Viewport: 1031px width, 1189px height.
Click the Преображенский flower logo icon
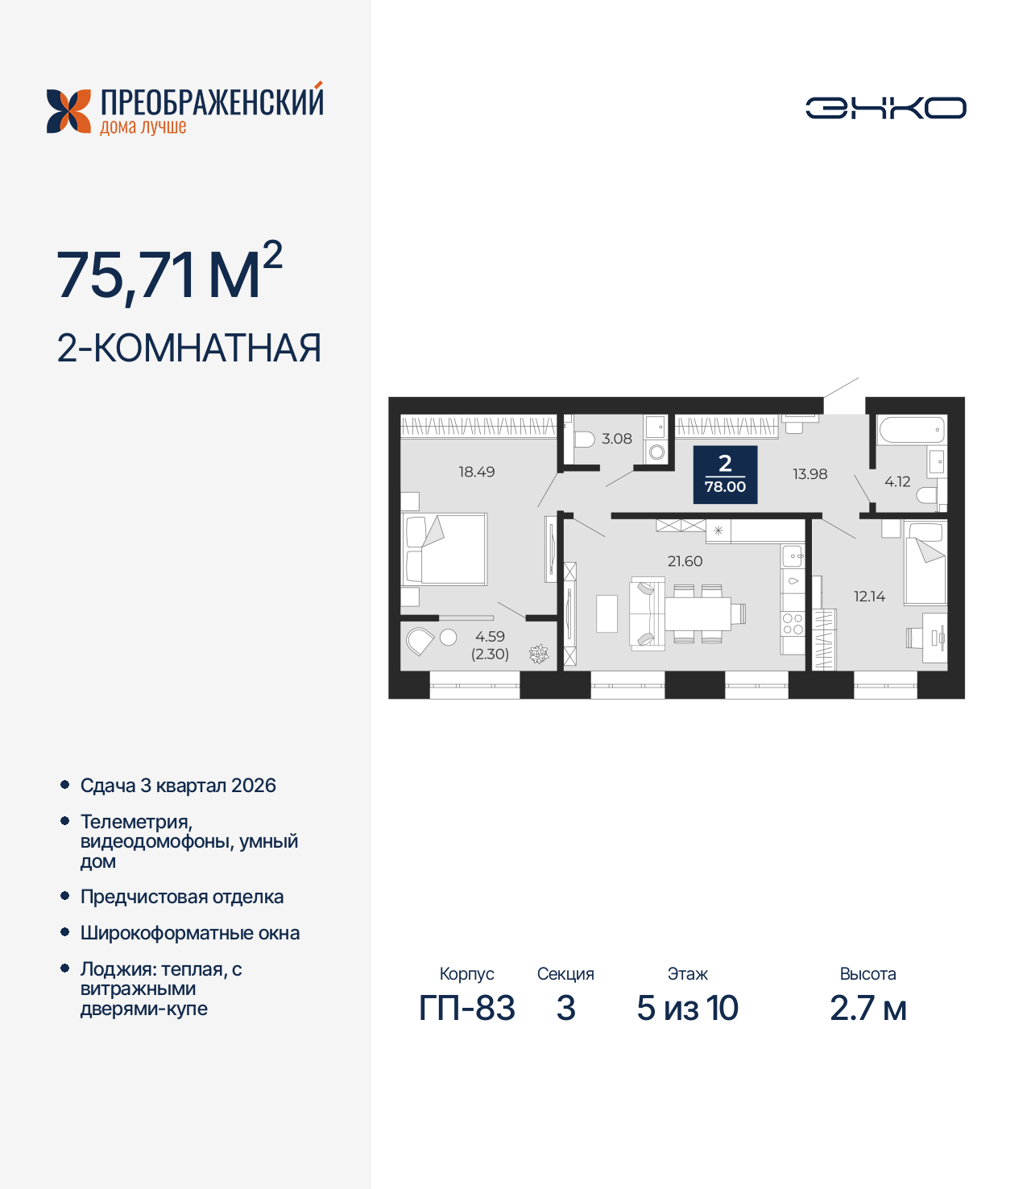[68, 111]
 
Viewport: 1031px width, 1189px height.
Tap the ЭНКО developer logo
[885, 108]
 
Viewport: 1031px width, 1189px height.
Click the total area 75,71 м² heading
[169, 274]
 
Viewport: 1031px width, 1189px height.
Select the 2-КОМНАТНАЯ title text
[189, 349]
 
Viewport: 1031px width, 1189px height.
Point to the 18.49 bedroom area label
[477, 472]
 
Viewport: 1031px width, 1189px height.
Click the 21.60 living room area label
[685, 561]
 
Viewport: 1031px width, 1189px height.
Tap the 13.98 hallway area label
[809, 474]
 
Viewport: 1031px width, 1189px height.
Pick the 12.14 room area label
[869, 597]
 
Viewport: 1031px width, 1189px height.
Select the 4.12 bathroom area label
[897, 481]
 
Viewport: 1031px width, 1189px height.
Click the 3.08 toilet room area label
[617, 439]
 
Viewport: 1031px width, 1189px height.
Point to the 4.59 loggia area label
[490, 637]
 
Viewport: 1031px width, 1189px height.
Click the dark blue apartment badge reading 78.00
[725, 474]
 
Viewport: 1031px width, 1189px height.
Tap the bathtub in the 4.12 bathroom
[911, 430]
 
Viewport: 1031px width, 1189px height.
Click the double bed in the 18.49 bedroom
[445, 549]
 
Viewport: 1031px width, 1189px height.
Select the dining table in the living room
[697, 614]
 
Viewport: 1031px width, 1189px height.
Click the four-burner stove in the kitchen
[793, 624]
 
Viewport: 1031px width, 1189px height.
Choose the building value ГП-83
[466, 1008]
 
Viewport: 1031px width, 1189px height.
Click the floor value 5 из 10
[687, 1008]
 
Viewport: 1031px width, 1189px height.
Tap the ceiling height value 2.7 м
[867, 1008]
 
